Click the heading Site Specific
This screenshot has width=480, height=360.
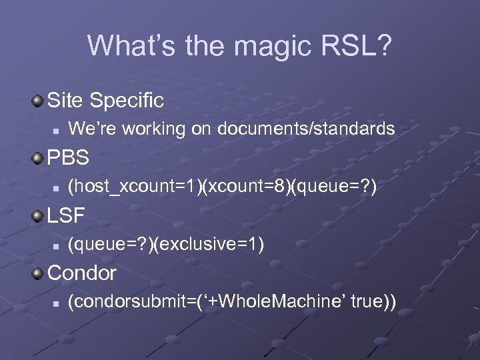[x=105, y=101]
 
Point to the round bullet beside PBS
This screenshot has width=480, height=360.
[x=39, y=159]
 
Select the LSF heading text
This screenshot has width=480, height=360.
[x=67, y=217]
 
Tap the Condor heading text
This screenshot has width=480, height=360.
[x=82, y=273]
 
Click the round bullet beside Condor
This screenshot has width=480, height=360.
[x=39, y=273]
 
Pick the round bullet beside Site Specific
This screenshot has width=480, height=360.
[x=39, y=101]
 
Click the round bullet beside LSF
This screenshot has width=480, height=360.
[x=39, y=217]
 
